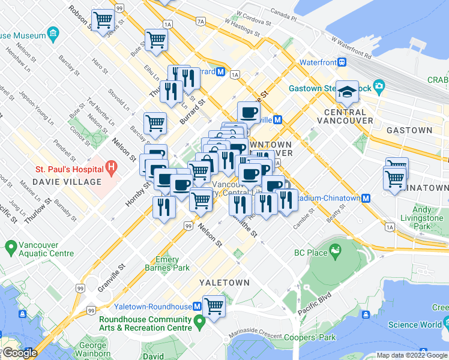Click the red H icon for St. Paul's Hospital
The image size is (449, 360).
pyautogui.click(x=110, y=165)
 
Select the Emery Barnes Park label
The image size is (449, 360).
pyautogui.click(x=167, y=263)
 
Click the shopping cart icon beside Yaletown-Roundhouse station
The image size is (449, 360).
pyautogui.click(x=214, y=307)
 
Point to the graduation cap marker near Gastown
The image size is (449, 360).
pyautogui.click(x=347, y=91)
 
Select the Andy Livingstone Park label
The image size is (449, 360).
pyautogui.click(x=423, y=218)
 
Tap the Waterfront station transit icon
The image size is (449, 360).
pyautogui.click(x=342, y=62)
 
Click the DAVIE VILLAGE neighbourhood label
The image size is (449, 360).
pyautogui.click(x=58, y=182)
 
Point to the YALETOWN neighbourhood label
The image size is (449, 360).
pyautogui.click(x=224, y=282)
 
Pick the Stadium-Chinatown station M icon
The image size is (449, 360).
pyautogui.click(x=365, y=198)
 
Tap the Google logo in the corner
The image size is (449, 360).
pyautogui.click(x=19, y=353)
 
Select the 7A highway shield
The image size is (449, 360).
pyautogui.click(x=200, y=22)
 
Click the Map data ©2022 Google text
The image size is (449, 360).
pyautogui.click(x=411, y=355)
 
